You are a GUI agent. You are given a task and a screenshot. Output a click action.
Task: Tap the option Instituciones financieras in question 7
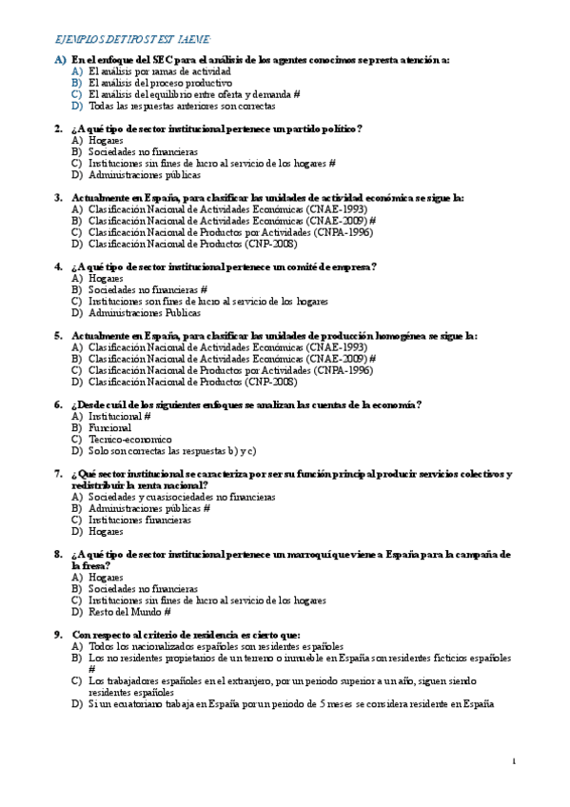point(139,521)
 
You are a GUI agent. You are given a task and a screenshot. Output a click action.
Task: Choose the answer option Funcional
point(109,428)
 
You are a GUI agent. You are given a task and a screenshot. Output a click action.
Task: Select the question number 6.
point(58,404)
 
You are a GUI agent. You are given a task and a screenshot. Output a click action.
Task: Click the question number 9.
point(58,635)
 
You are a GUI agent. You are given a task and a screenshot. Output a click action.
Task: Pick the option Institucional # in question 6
point(119,417)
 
